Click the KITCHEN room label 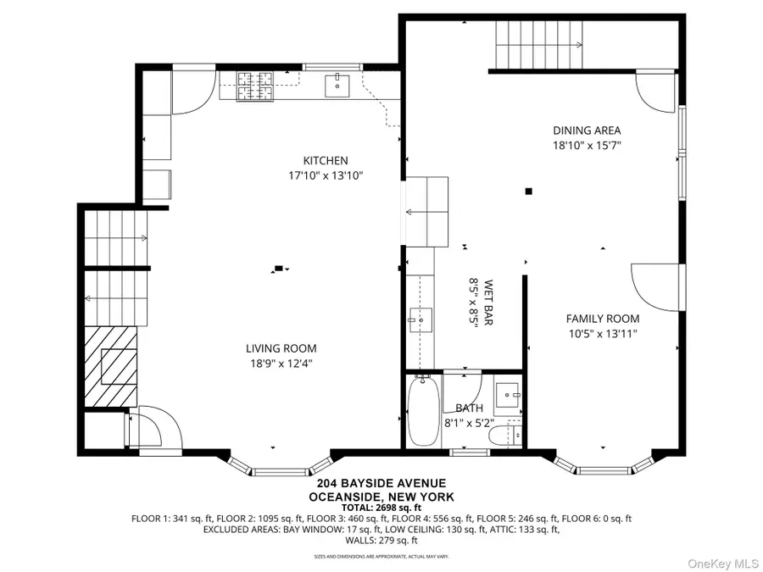pyautogui.click(x=326, y=160)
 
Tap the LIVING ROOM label pyautogui.click(x=281, y=348)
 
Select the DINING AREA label pyautogui.click(x=587, y=131)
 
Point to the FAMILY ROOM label pyautogui.click(x=603, y=319)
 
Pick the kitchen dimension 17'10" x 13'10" pyautogui.click(x=326, y=176)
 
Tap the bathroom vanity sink pyautogui.click(x=507, y=394)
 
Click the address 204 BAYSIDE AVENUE pyautogui.click(x=381, y=485)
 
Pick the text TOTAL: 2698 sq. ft pyautogui.click(x=381, y=507)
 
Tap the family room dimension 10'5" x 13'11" pyautogui.click(x=603, y=334)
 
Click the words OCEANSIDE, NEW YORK pyautogui.click(x=381, y=497)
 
